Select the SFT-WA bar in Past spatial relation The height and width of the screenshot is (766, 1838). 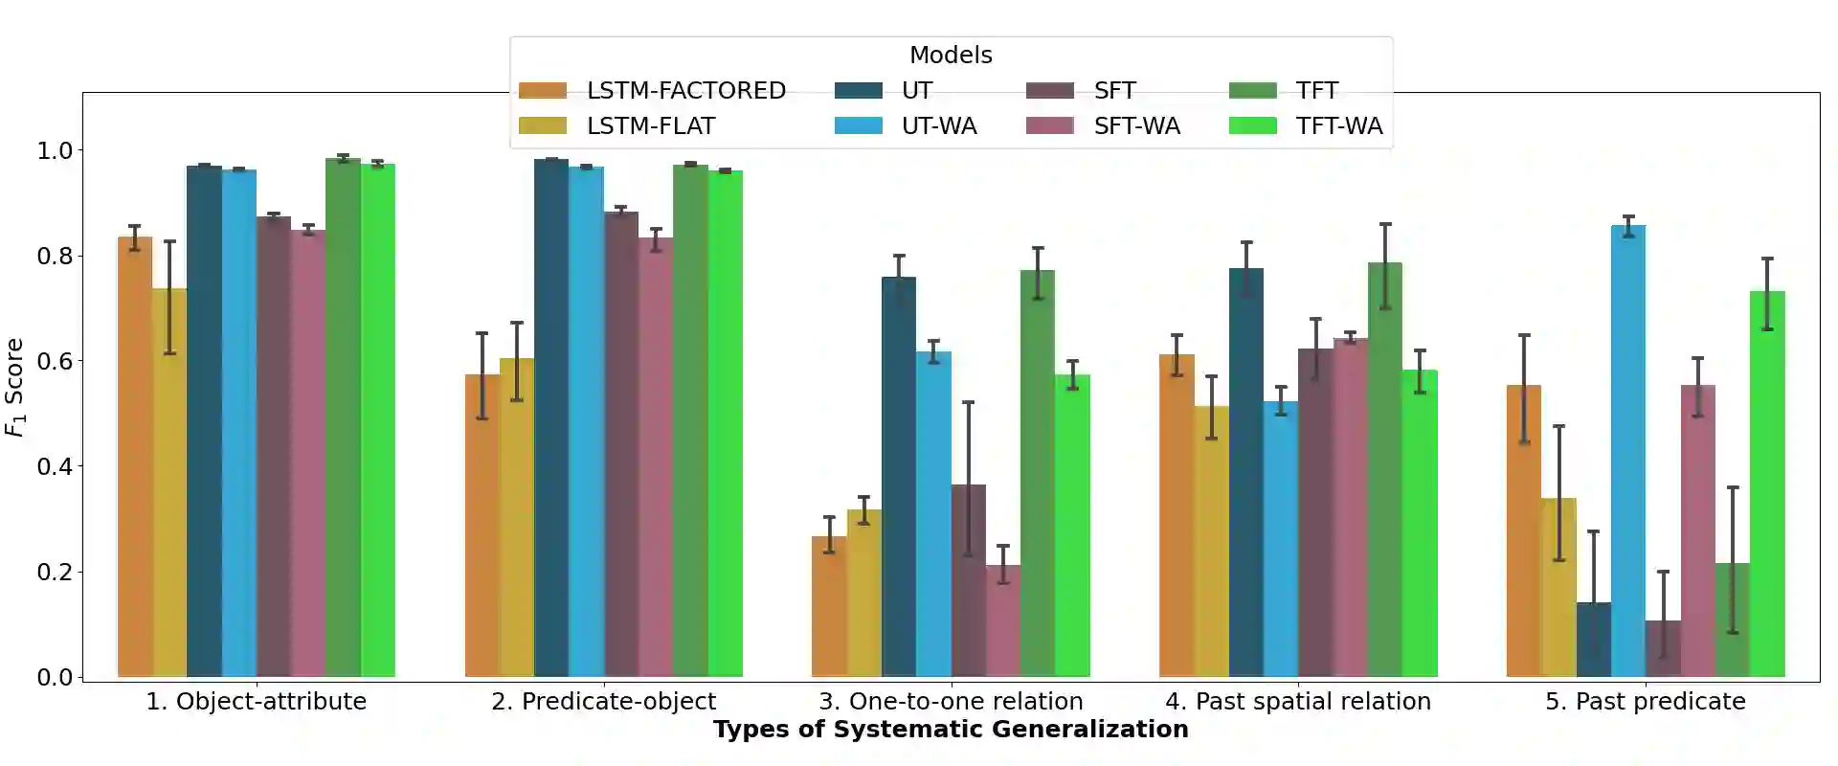[x=1351, y=507]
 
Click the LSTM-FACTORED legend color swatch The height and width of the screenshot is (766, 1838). [x=543, y=91]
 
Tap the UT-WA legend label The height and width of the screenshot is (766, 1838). [x=939, y=126]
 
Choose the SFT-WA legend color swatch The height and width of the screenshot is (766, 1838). [x=1050, y=126]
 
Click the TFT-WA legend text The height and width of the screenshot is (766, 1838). [x=1338, y=126]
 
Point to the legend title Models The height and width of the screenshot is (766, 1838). [x=951, y=56]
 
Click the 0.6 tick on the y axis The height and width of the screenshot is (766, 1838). [x=56, y=361]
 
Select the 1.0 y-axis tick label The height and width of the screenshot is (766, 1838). [x=56, y=150]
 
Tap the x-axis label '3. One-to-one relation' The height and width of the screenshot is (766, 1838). [x=951, y=702]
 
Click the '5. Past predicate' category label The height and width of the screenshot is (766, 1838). [x=1645, y=702]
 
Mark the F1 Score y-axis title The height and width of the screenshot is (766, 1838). [x=15, y=386]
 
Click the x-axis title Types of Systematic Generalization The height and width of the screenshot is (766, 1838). [x=951, y=730]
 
